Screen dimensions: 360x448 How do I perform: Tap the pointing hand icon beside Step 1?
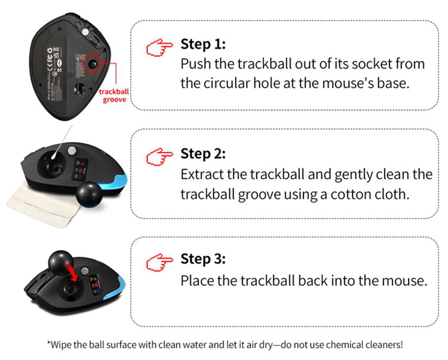point(159,47)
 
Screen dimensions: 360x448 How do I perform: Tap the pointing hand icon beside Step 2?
point(159,156)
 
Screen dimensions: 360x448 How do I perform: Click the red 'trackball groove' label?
point(113,97)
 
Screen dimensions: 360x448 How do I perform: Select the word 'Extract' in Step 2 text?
point(204,175)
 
